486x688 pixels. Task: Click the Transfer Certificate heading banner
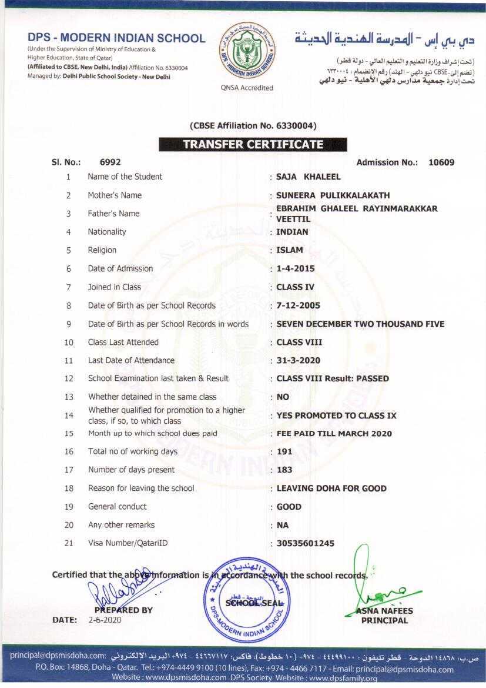coord(253,144)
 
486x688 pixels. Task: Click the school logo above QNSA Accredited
coord(247,52)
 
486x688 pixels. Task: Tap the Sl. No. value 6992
coord(110,162)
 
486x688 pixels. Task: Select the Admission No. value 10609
coord(441,162)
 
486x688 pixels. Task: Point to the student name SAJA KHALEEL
coord(309,177)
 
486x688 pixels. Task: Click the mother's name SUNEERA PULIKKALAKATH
coord(333,195)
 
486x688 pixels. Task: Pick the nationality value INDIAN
coord(292,232)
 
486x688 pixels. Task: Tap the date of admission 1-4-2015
coord(296,268)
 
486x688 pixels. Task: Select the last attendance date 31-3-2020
coord(298,360)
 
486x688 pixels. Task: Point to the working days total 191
coord(284,451)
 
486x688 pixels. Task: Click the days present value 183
coord(284,470)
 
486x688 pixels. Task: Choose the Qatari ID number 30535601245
coord(305,543)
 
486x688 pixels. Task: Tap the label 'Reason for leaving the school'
coord(141,488)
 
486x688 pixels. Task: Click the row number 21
coord(69,543)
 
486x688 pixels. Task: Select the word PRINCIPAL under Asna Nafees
coord(384,620)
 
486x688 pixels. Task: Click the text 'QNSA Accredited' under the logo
coord(247,88)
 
